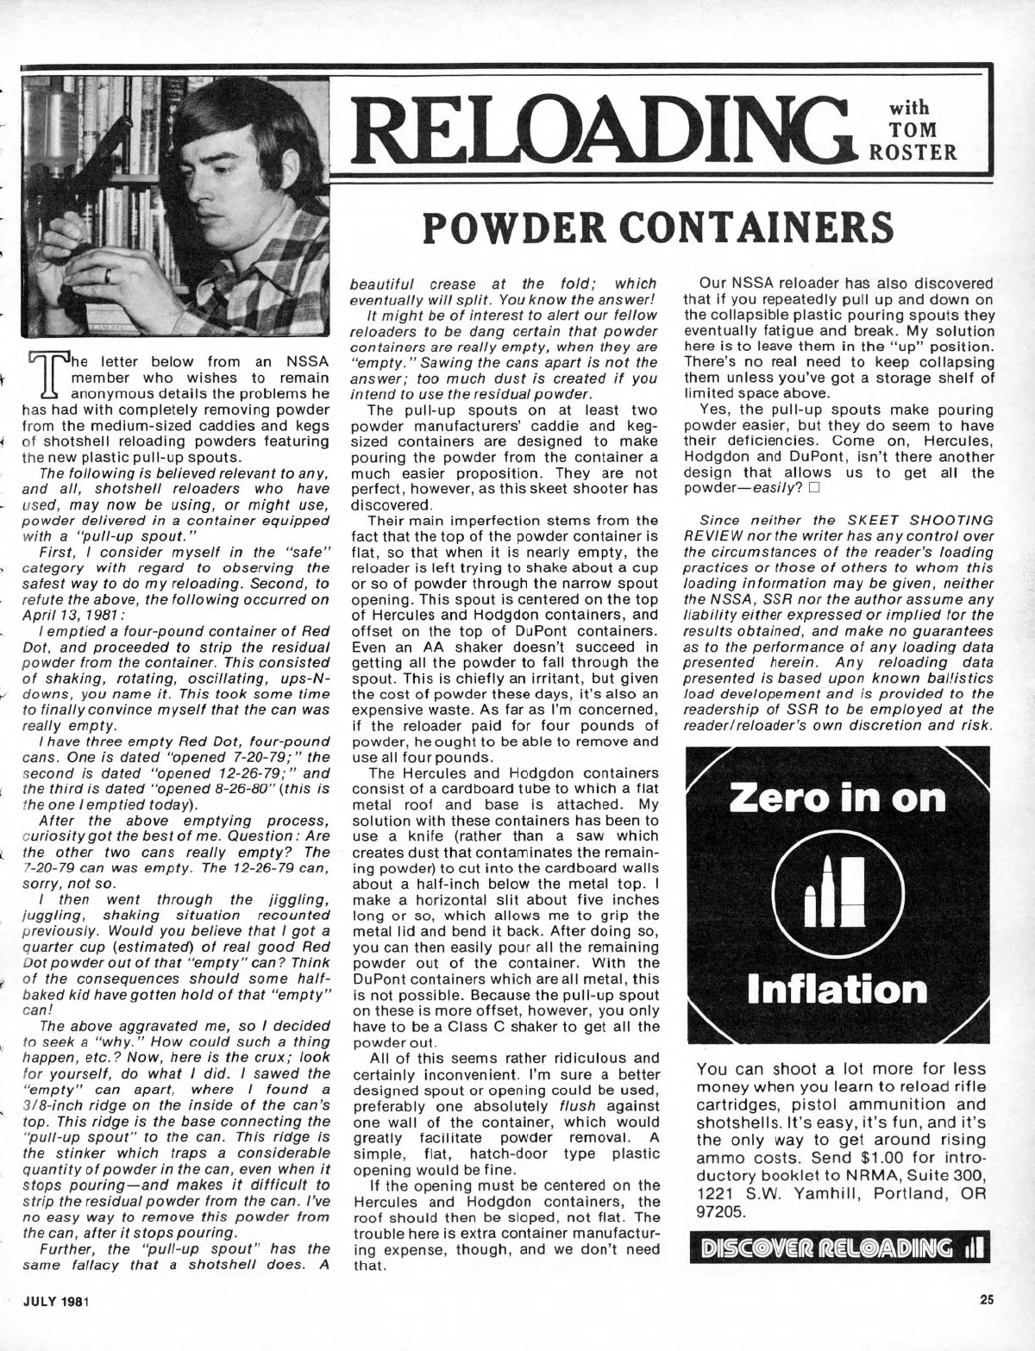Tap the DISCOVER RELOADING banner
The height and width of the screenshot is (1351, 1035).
pos(836,1249)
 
